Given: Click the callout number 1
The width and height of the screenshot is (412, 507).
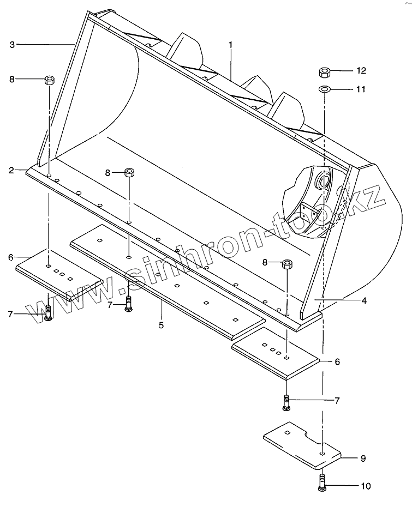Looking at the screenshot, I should point(230,44).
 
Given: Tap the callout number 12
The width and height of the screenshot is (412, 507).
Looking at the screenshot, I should point(361,71).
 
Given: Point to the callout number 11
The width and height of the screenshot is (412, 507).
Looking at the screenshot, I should point(361,88).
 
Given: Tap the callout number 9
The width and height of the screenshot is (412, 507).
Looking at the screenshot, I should point(363,458).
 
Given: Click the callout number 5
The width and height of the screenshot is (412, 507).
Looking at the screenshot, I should point(161,325).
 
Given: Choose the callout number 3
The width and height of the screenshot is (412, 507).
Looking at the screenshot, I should point(13,45).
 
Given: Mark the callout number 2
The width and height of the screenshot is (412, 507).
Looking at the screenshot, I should point(11,171).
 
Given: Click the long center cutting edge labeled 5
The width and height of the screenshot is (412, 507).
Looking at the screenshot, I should point(169,278).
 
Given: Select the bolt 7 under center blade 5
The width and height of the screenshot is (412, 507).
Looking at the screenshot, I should point(128,304).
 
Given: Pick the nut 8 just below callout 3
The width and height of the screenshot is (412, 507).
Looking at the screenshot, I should point(49,80).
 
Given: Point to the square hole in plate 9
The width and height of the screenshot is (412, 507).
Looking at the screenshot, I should point(323,452).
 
